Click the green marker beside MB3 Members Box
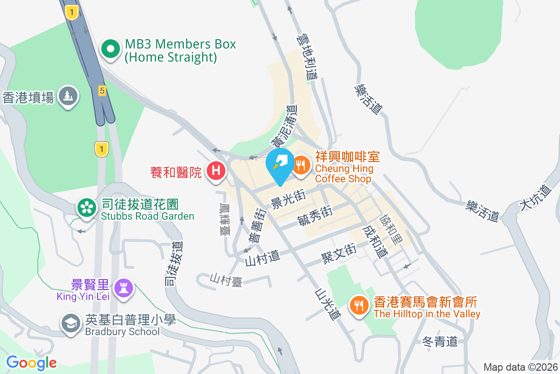[111, 49]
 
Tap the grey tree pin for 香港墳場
[69, 96]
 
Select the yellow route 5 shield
[102, 91]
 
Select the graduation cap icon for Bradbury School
[71, 323]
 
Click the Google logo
[32, 362]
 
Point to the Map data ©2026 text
[520, 367]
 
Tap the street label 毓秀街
[315, 216]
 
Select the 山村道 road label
[262, 256]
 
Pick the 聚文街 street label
[339, 253]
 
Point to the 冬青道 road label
[439, 342]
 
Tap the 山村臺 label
[226, 279]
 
